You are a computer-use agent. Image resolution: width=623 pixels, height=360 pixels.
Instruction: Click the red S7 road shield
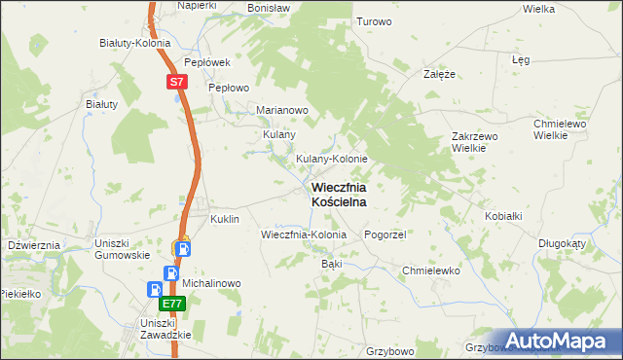[175, 83]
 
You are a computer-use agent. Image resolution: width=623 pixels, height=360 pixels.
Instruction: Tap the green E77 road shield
[170, 305]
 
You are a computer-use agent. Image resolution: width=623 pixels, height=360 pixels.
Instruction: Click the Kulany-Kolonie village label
[331, 159]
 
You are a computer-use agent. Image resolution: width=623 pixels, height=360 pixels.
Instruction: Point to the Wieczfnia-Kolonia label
[304, 234]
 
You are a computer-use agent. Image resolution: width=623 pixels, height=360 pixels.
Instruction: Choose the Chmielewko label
[430, 270]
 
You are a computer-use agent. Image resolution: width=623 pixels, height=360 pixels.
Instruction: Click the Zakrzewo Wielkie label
[475, 142]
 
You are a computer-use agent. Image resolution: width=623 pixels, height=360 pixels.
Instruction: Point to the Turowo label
[374, 21]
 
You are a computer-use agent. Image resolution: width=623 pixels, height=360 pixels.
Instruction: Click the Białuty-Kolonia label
[135, 43]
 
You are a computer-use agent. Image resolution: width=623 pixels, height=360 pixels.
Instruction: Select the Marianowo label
[282, 110]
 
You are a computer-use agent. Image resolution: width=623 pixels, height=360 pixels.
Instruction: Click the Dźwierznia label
[34, 245]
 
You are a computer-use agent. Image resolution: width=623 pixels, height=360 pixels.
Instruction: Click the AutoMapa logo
[558, 341]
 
